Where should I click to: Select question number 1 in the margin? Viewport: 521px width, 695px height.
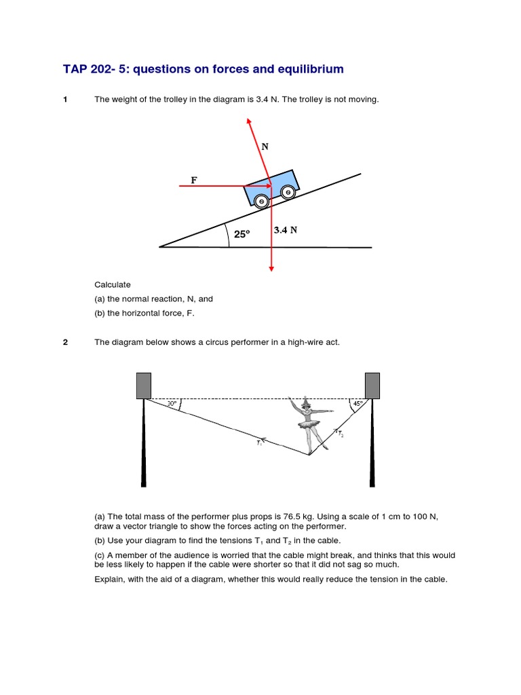[x=65, y=100]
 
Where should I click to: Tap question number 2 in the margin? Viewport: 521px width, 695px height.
[x=65, y=342]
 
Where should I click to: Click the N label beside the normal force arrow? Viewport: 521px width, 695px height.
[x=265, y=146]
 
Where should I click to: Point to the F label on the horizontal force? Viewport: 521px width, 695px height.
[x=194, y=180]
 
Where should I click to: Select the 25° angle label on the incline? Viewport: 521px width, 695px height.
[x=242, y=234]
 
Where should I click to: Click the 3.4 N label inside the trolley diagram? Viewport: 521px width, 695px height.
[x=286, y=230]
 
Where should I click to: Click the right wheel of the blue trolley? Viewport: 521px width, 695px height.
[x=288, y=193]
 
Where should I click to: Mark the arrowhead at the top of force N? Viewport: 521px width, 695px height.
[x=249, y=121]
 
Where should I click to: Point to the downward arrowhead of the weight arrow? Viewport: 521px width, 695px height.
[x=271, y=268]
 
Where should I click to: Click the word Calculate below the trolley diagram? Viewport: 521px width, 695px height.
[x=113, y=285]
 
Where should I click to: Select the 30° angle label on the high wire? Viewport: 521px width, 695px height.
[x=172, y=404]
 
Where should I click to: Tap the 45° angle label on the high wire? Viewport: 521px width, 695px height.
[x=358, y=403]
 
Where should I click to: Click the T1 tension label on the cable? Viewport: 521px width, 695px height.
[x=260, y=443]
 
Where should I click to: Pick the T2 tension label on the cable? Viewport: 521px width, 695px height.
[x=339, y=434]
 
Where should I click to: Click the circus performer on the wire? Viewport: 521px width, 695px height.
[x=309, y=424]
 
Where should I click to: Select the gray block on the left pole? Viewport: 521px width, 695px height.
[x=143, y=386]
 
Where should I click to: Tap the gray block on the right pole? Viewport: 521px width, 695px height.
[x=372, y=386]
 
